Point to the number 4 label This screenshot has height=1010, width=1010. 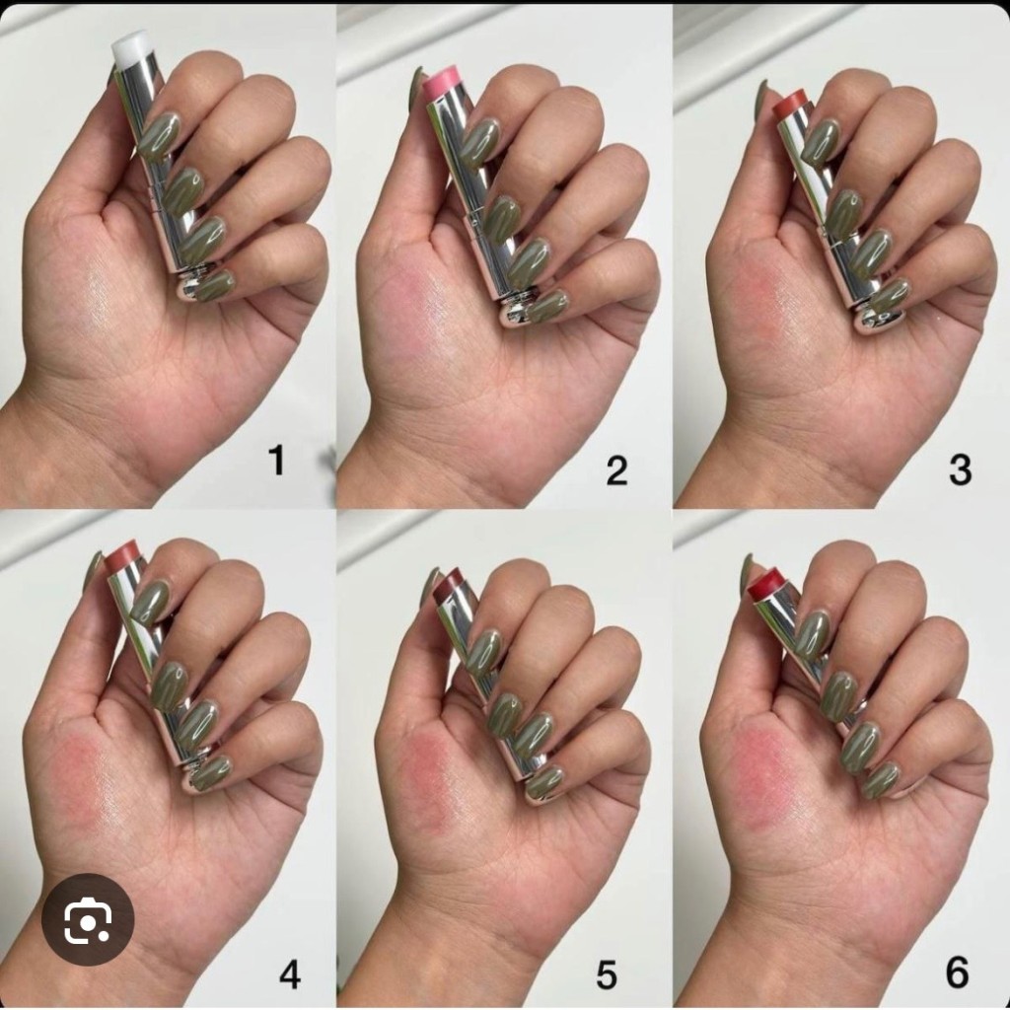pos(290,974)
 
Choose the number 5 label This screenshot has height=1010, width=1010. pos(607,974)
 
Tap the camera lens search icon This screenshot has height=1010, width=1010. pos(88,919)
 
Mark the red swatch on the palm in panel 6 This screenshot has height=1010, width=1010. pos(769,769)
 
